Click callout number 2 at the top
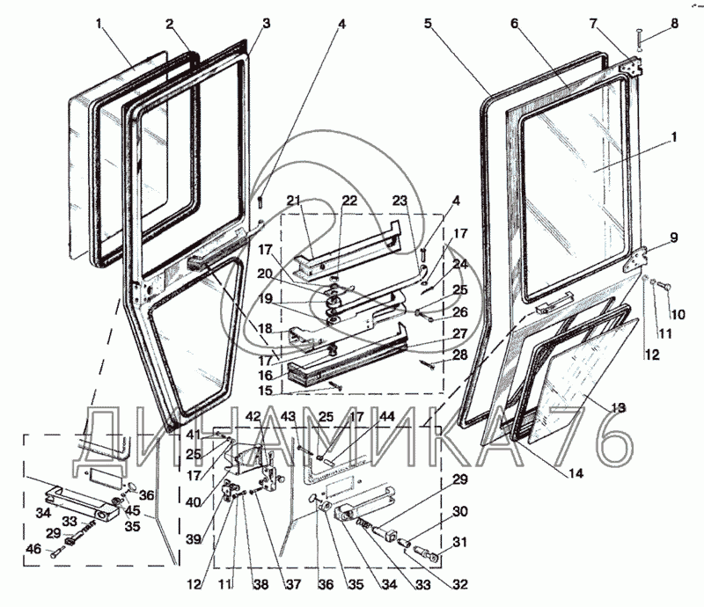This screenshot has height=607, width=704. [170, 25]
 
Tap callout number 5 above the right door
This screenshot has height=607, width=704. [428, 25]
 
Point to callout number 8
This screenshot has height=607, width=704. [674, 25]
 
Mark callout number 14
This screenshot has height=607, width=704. [575, 473]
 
